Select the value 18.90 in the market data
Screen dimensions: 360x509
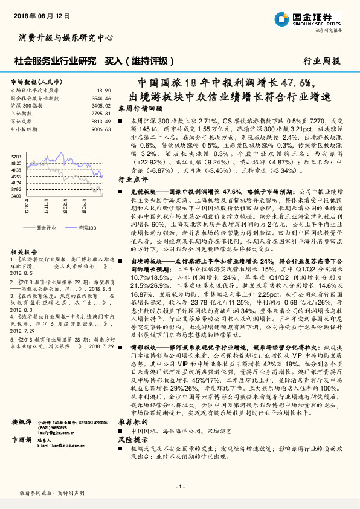pos(104,89)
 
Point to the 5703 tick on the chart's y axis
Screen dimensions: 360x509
pos(16,156)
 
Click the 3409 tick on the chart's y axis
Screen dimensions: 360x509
pos(16,195)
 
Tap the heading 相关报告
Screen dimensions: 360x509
pos(25,251)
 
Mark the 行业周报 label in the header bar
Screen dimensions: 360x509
pos(321,61)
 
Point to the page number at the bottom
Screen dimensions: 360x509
pos(179,487)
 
